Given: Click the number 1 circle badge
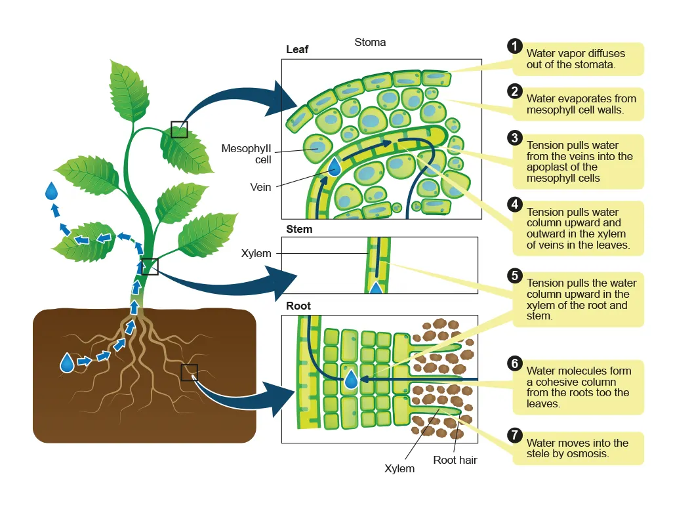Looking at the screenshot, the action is coord(515,46).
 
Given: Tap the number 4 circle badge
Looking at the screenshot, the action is coord(515,204).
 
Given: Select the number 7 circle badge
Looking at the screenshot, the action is coord(515,435).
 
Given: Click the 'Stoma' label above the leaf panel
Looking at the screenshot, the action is coord(370,43).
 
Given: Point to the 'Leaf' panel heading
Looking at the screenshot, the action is coord(297,49).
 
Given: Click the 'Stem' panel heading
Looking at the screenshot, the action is coord(299,229).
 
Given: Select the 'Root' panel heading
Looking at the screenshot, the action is coord(298,306).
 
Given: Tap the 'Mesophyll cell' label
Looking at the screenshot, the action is coord(246,154).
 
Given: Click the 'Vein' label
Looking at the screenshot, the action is coord(260,187).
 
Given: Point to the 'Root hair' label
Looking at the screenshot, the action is coord(455,460).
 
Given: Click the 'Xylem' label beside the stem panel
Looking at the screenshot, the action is coord(256,253).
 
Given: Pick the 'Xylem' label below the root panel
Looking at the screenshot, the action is coord(399,468).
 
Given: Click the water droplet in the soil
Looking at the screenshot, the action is coord(67,363).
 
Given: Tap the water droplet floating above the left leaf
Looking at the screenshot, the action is coord(52,191).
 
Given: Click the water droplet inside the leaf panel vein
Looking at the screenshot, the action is coord(335,167).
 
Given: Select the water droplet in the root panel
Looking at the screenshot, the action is coord(351,379).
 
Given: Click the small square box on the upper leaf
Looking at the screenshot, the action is coord(179,129).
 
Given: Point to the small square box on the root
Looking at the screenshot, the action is coord(190,373).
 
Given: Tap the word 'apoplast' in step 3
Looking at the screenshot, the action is coord(546,168).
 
